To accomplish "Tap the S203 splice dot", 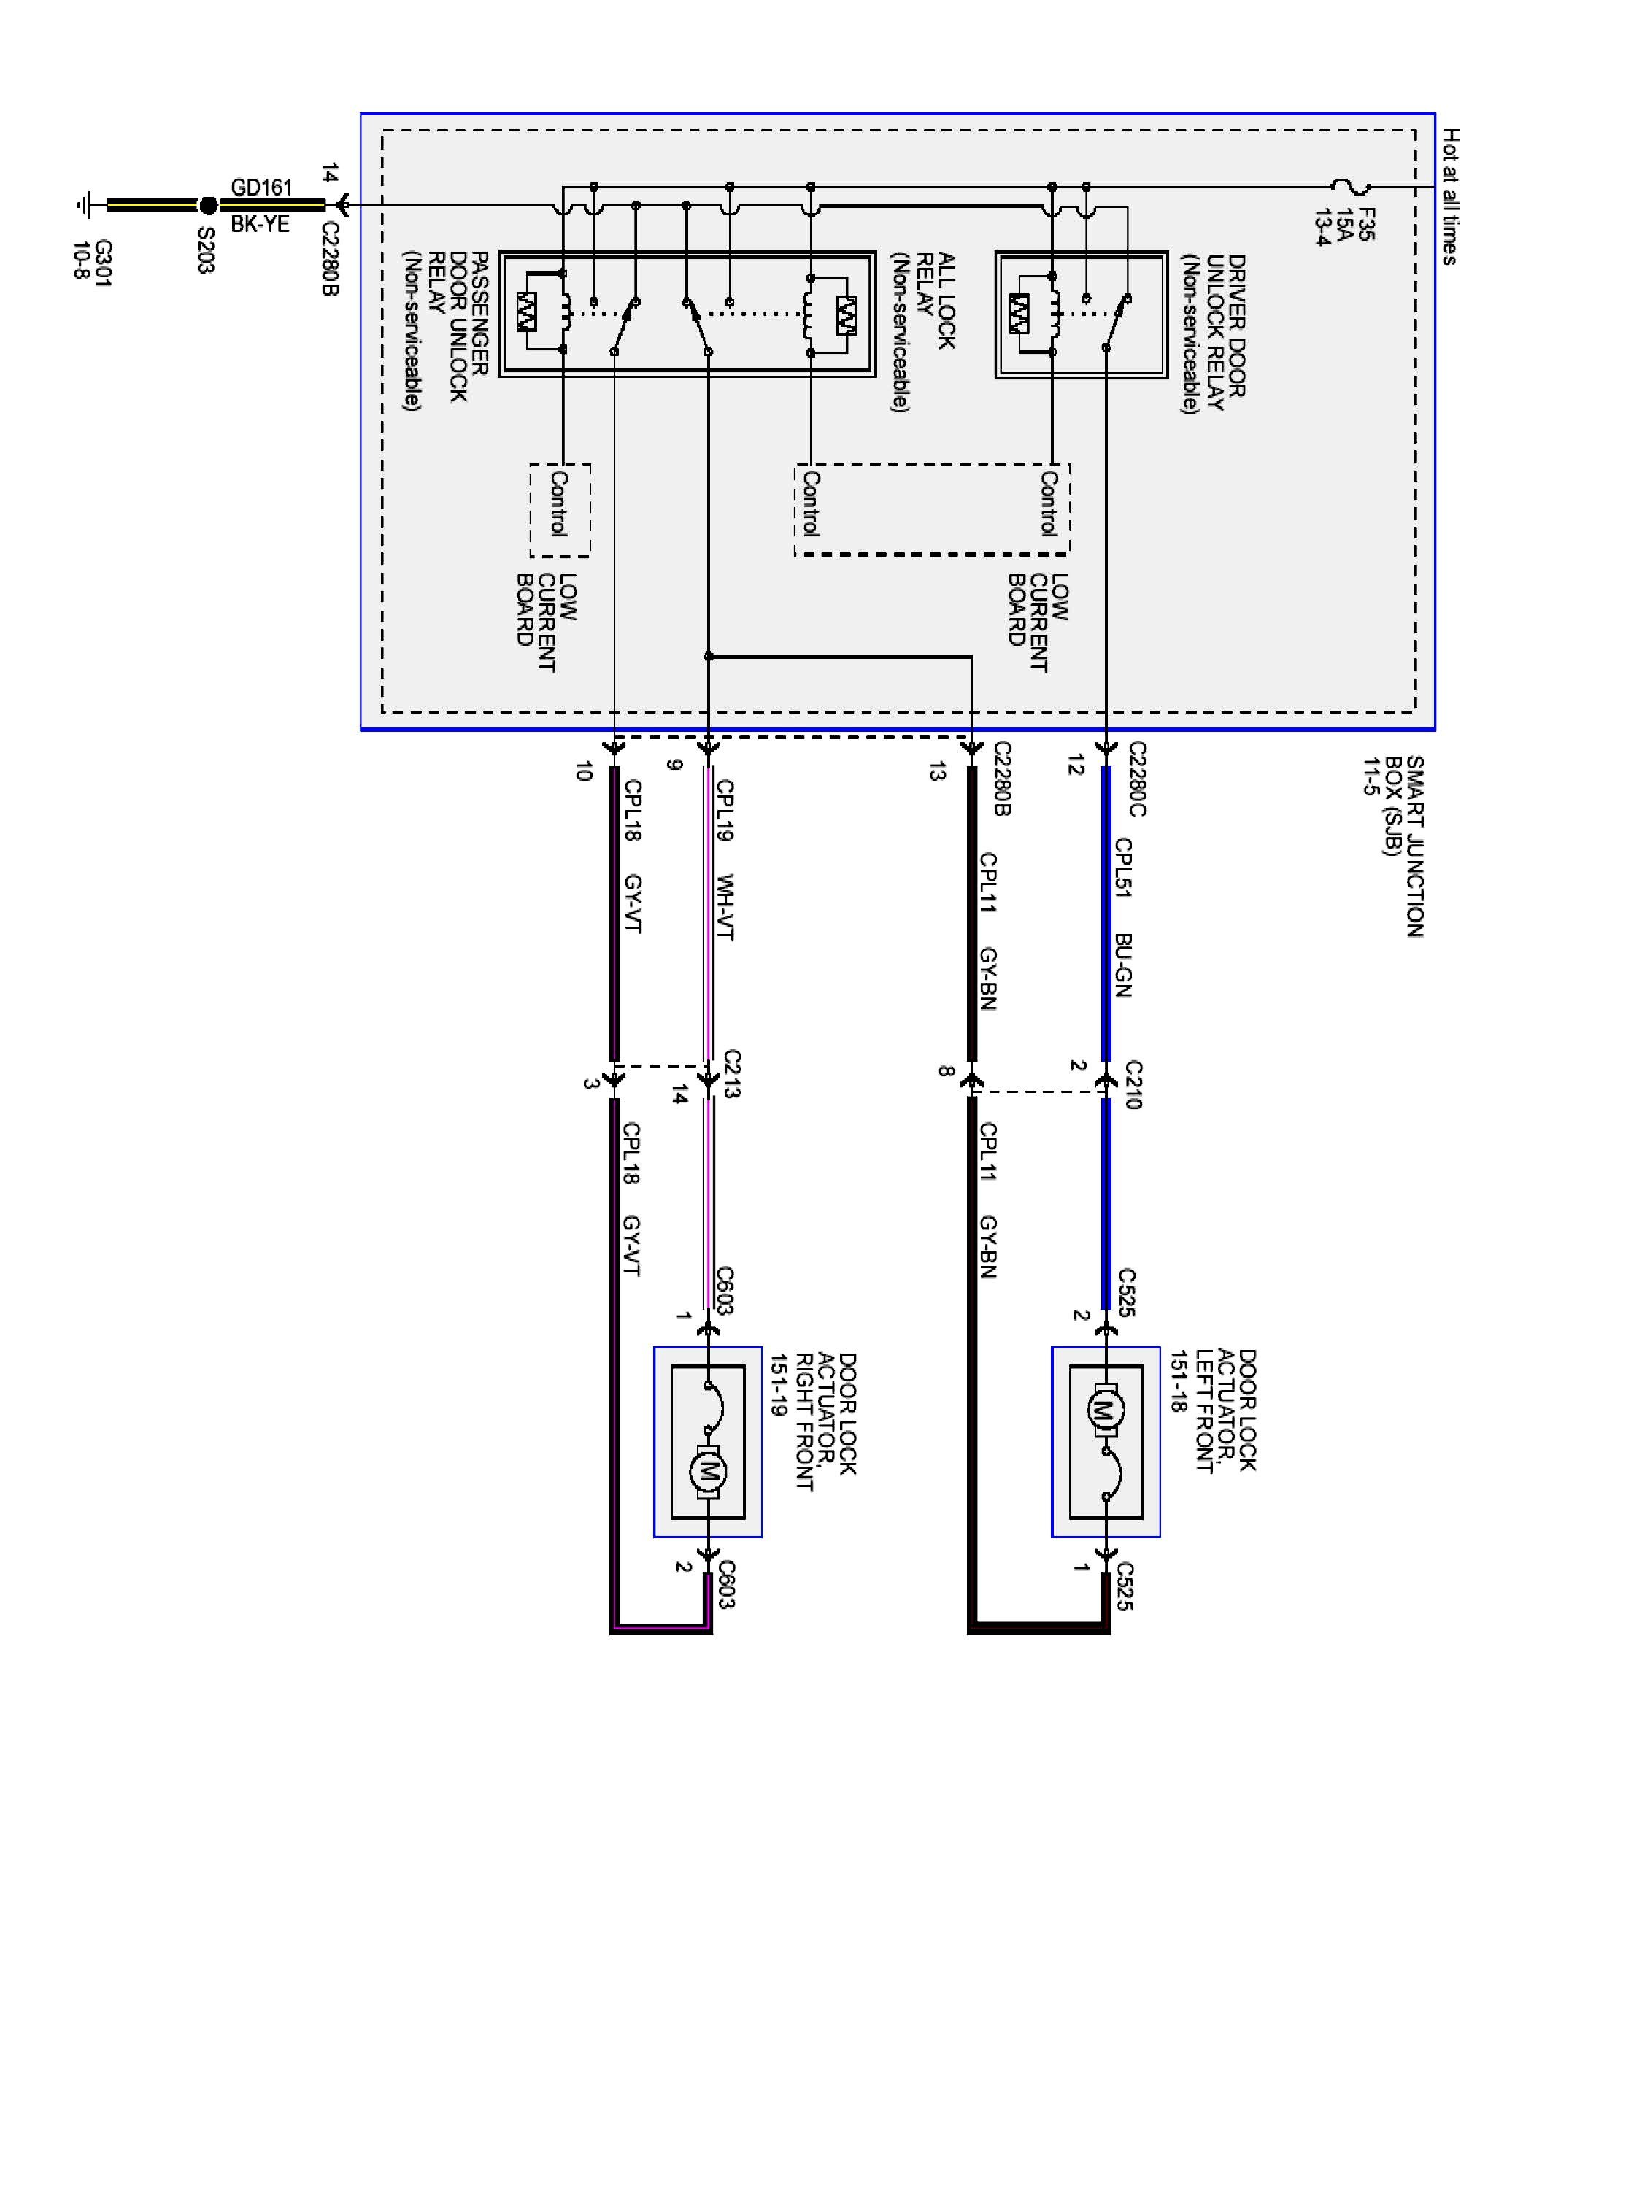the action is point(208,205).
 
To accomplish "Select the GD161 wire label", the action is point(261,187).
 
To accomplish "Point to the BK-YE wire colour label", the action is point(261,225).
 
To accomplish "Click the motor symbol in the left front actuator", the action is point(1106,1409).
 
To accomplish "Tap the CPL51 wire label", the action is point(1122,868).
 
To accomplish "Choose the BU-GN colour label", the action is point(1122,965).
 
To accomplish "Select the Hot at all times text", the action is point(1450,196).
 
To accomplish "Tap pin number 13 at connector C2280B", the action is point(936,772).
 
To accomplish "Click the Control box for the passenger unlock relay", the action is point(560,509).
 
